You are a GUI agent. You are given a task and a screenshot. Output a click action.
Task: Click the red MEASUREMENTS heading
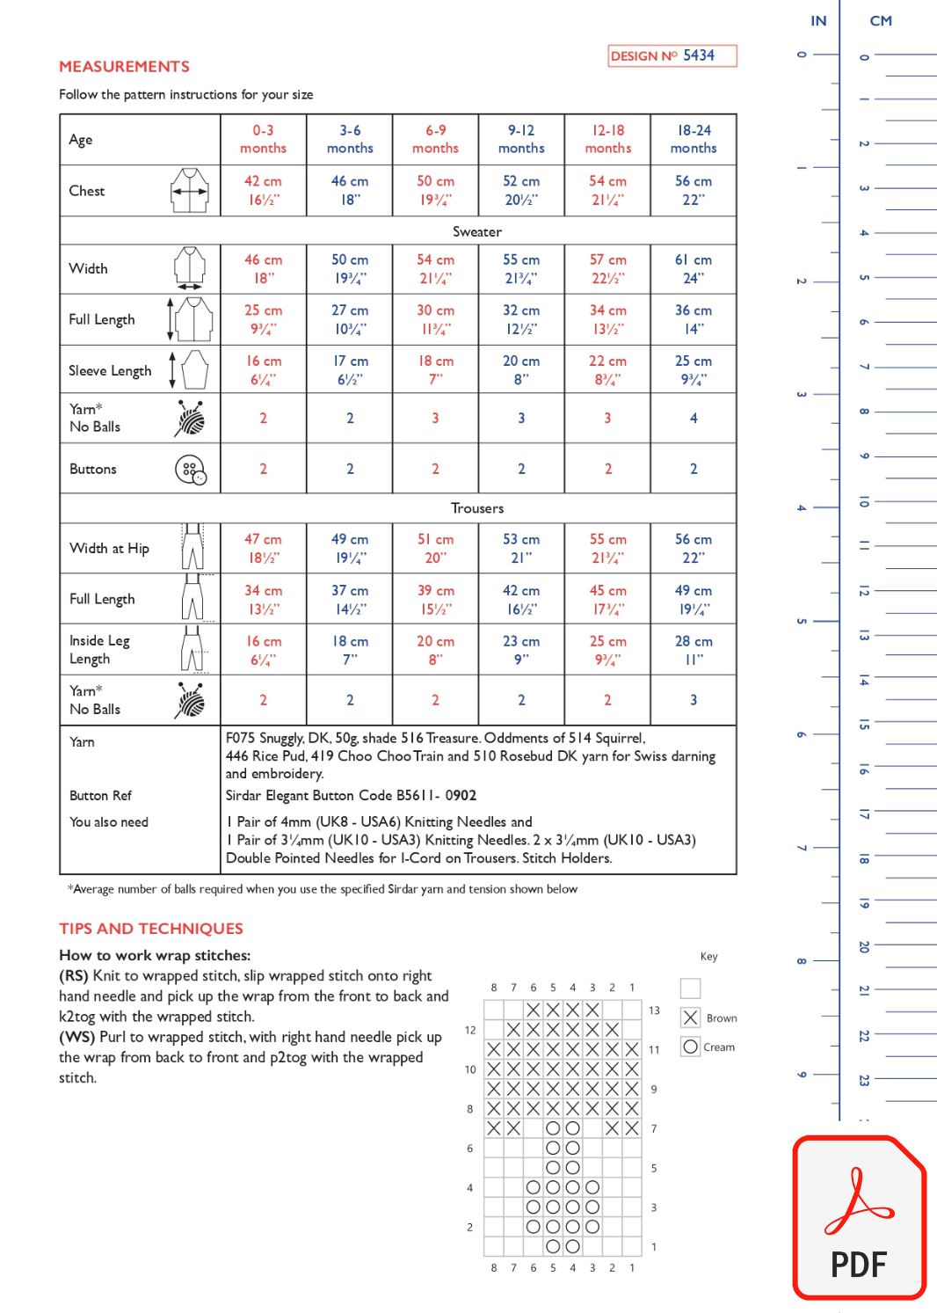coord(124,67)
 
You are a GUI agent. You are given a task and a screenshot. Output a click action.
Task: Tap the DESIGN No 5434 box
coord(672,55)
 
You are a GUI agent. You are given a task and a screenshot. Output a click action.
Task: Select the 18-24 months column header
coord(693,139)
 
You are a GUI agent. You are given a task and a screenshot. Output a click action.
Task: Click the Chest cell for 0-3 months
coord(263,190)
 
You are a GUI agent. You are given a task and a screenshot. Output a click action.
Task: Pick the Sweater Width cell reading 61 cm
coord(693,268)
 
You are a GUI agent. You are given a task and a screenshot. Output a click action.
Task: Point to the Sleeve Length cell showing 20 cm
coord(521,369)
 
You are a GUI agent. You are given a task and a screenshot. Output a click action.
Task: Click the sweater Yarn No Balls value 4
coord(693,418)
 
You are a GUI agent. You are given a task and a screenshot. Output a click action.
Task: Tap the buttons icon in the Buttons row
coord(190,470)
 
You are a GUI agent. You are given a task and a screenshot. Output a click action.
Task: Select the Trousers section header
coord(477,508)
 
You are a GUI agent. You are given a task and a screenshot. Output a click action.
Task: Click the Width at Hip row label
coord(110,548)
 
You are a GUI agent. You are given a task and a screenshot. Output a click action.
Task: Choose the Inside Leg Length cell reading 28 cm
coord(693,650)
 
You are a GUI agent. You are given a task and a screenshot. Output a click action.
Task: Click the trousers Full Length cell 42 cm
coord(521,599)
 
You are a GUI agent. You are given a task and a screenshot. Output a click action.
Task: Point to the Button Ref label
coord(101,795)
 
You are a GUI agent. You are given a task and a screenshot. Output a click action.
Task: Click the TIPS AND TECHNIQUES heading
coord(151,929)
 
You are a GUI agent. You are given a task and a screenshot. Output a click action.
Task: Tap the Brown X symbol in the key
coord(691,1018)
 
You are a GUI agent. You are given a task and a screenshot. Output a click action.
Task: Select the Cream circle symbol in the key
coord(691,1047)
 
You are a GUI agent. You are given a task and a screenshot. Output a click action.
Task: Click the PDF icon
coord(859,1218)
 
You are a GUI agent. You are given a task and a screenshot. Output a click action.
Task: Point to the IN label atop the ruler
coord(818,21)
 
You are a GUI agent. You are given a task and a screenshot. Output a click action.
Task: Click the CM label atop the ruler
coord(881,21)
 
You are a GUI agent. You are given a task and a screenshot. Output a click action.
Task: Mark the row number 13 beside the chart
coord(654,1010)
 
